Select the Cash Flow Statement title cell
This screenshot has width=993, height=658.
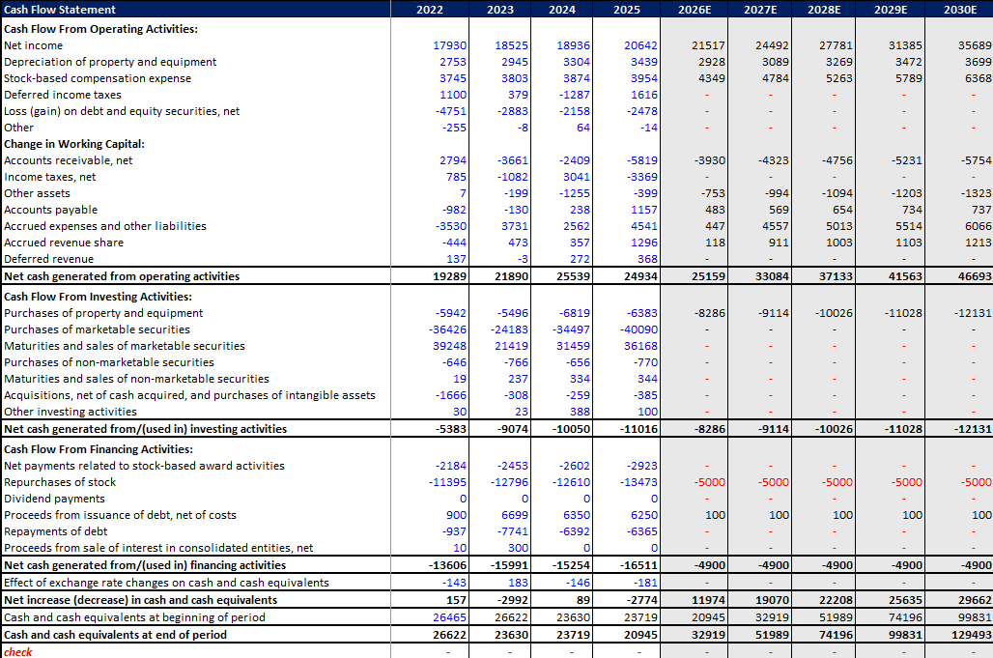[60, 10]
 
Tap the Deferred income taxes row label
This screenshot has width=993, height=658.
[63, 95]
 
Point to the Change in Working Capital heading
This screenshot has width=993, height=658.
[73, 144]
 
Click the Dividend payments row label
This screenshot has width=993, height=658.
[54, 499]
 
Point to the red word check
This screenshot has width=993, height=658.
[17, 652]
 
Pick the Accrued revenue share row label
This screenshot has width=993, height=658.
[64, 243]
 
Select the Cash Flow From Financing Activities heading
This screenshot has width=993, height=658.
[99, 449]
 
